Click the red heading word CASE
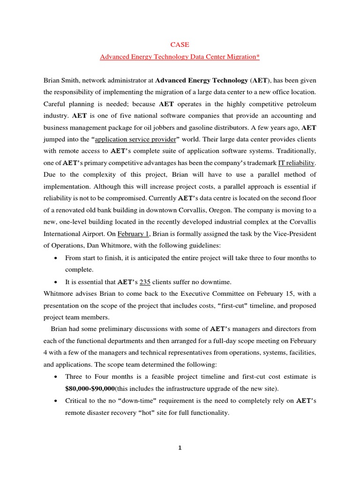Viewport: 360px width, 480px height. [180, 45]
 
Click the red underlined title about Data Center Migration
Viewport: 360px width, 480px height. [180, 57]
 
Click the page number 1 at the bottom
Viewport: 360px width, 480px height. [180, 448]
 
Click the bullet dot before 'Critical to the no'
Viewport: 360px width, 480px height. [56, 401]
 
